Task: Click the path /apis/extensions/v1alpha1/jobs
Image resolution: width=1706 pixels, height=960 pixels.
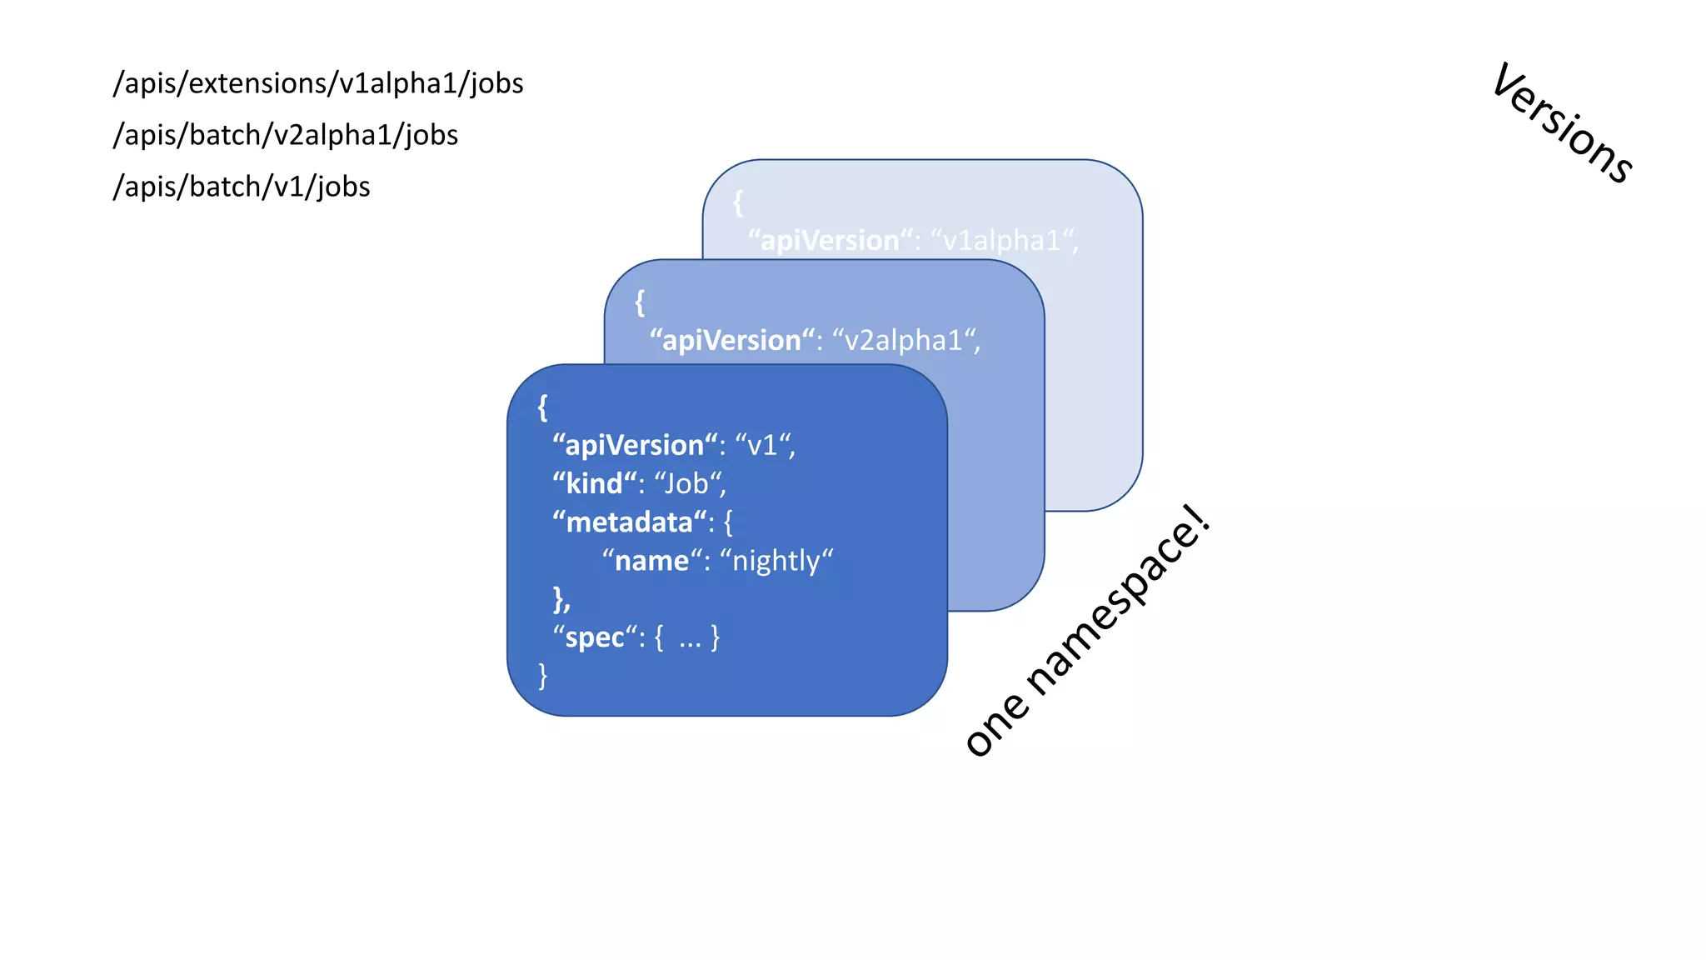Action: tap(318, 83)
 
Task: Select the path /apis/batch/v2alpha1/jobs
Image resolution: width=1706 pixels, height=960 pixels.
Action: tap(286, 135)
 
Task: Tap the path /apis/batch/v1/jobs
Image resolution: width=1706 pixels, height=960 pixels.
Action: tap(242, 187)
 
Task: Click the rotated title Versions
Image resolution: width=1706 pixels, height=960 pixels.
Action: tap(1562, 123)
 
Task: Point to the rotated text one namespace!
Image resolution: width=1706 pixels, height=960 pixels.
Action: tap(1087, 631)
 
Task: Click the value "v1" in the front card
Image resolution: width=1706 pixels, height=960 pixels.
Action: tap(762, 446)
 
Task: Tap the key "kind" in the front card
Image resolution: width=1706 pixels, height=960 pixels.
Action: tap(594, 484)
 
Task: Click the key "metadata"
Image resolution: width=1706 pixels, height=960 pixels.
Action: tap(630, 522)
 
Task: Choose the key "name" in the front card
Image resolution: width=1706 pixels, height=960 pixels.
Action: tap(651, 561)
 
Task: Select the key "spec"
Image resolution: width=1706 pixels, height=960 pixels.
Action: tap(595, 637)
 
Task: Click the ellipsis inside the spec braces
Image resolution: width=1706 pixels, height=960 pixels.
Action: tap(690, 640)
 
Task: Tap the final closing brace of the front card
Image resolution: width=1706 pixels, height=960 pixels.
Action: tap(543, 675)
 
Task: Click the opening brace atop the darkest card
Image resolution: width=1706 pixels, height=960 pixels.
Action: tap(543, 407)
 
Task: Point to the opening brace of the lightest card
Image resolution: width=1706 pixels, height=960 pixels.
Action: tap(738, 202)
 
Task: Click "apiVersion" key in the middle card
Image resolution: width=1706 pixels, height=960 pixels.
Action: tap(731, 341)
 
